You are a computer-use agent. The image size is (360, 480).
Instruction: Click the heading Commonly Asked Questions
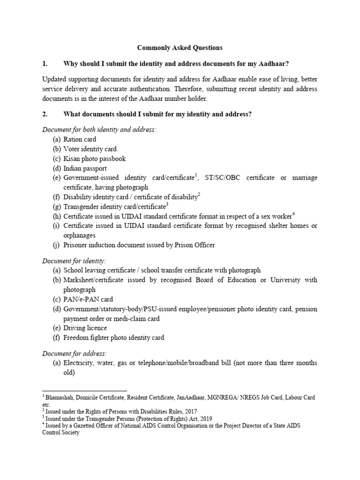tap(180, 48)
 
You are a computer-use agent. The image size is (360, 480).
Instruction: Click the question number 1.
tap(45, 64)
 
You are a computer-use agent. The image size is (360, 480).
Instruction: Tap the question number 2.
tap(45, 114)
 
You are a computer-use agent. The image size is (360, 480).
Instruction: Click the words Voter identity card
tap(90, 149)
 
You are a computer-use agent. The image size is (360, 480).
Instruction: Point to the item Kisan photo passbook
tap(95, 158)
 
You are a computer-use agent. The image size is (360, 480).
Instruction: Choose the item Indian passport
tap(85, 168)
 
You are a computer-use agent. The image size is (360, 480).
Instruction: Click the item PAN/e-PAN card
tap(88, 299)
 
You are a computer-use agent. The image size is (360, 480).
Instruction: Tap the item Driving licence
tap(85, 328)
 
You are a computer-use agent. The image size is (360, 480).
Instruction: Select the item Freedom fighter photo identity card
tap(114, 337)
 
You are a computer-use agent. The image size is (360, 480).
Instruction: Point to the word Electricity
tap(79, 363)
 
